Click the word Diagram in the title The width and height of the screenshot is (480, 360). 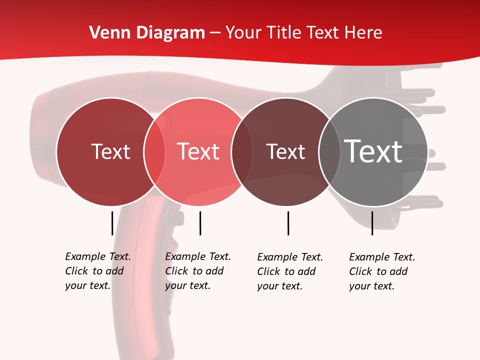170,33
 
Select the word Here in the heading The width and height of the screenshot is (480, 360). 364,33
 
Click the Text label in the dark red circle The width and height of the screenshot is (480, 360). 110,151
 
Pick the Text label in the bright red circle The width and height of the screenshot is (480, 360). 198,151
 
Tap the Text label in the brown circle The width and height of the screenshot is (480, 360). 285,151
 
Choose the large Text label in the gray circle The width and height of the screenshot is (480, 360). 373,151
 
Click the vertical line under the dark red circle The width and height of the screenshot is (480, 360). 112,223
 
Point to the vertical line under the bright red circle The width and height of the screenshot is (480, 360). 200,223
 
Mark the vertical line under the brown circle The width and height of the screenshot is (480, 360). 288,223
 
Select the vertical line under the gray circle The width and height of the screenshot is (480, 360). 372,223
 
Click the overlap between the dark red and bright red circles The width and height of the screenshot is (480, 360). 154,151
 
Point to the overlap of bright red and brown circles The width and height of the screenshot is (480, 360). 241,151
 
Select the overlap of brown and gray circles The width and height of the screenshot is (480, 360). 329,151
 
